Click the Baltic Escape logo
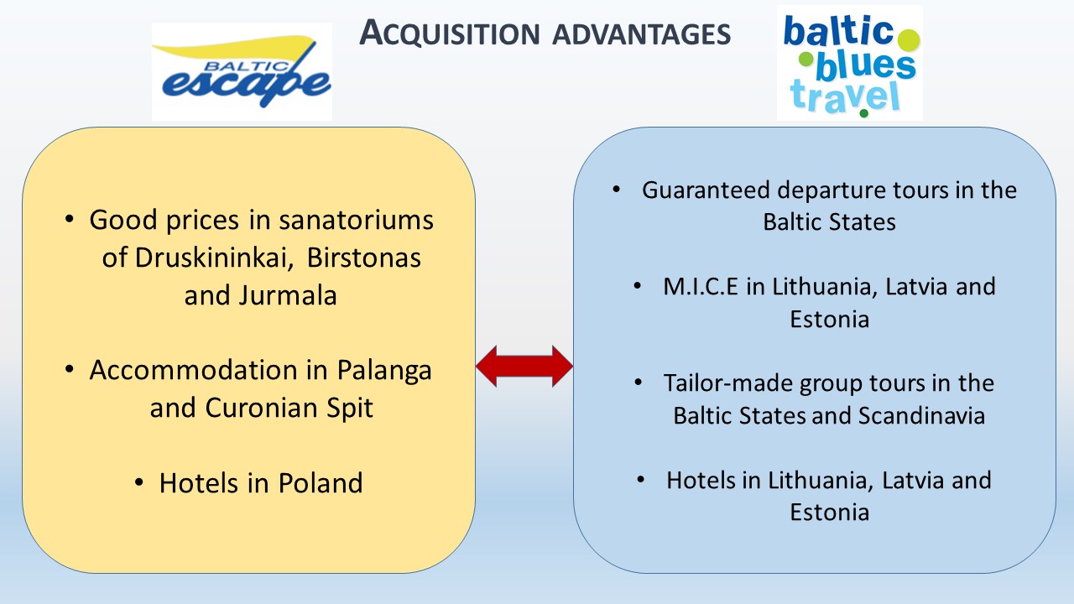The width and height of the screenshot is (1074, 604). tap(242, 71)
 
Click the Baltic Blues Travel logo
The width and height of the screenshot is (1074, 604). tap(850, 63)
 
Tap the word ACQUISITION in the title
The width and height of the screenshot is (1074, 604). tap(450, 34)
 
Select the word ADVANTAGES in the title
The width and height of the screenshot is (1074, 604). tap(642, 34)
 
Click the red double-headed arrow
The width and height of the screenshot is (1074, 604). tap(524, 366)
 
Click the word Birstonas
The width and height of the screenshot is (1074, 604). tap(363, 258)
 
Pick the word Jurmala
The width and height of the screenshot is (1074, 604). tap(288, 295)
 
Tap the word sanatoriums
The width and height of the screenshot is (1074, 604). tap(357, 221)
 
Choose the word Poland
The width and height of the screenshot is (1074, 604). tap(321, 482)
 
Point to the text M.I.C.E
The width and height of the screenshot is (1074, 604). tap(701, 287)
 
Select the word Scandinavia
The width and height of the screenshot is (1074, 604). tap(921, 415)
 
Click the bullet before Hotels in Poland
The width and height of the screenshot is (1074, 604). tap(139, 482)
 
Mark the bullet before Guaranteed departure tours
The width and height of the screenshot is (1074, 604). tap(616, 190)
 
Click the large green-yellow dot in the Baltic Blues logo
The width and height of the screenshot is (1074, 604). tap(908, 40)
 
